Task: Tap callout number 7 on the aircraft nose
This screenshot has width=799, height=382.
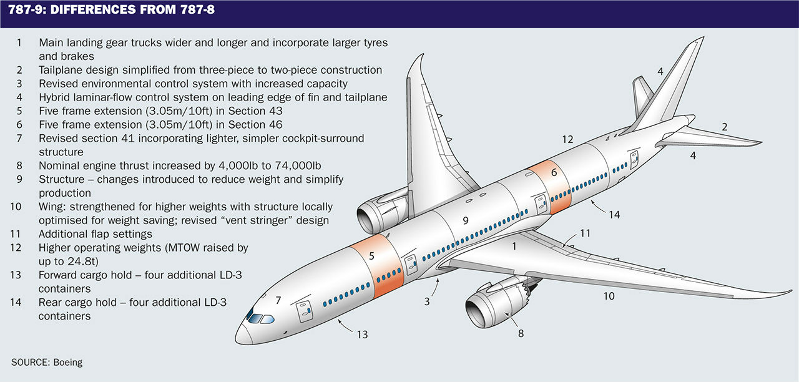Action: click(x=278, y=300)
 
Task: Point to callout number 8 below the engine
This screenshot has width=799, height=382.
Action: click(x=521, y=333)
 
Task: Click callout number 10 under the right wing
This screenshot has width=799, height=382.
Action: click(x=609, y=296)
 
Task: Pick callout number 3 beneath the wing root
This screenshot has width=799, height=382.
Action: click(x=427, y=301)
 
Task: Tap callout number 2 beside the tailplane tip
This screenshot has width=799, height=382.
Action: click(x=725, y=127)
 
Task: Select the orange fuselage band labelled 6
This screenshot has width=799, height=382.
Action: click(x=552, y=187)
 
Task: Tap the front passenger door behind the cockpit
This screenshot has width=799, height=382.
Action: click(x=304, y=309)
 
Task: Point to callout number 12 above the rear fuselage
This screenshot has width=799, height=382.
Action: click(x=567, y=140)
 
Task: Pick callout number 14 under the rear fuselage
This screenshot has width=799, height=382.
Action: click(x=615, y=214)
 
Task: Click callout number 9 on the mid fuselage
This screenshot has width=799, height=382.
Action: click(x=465, y=220)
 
